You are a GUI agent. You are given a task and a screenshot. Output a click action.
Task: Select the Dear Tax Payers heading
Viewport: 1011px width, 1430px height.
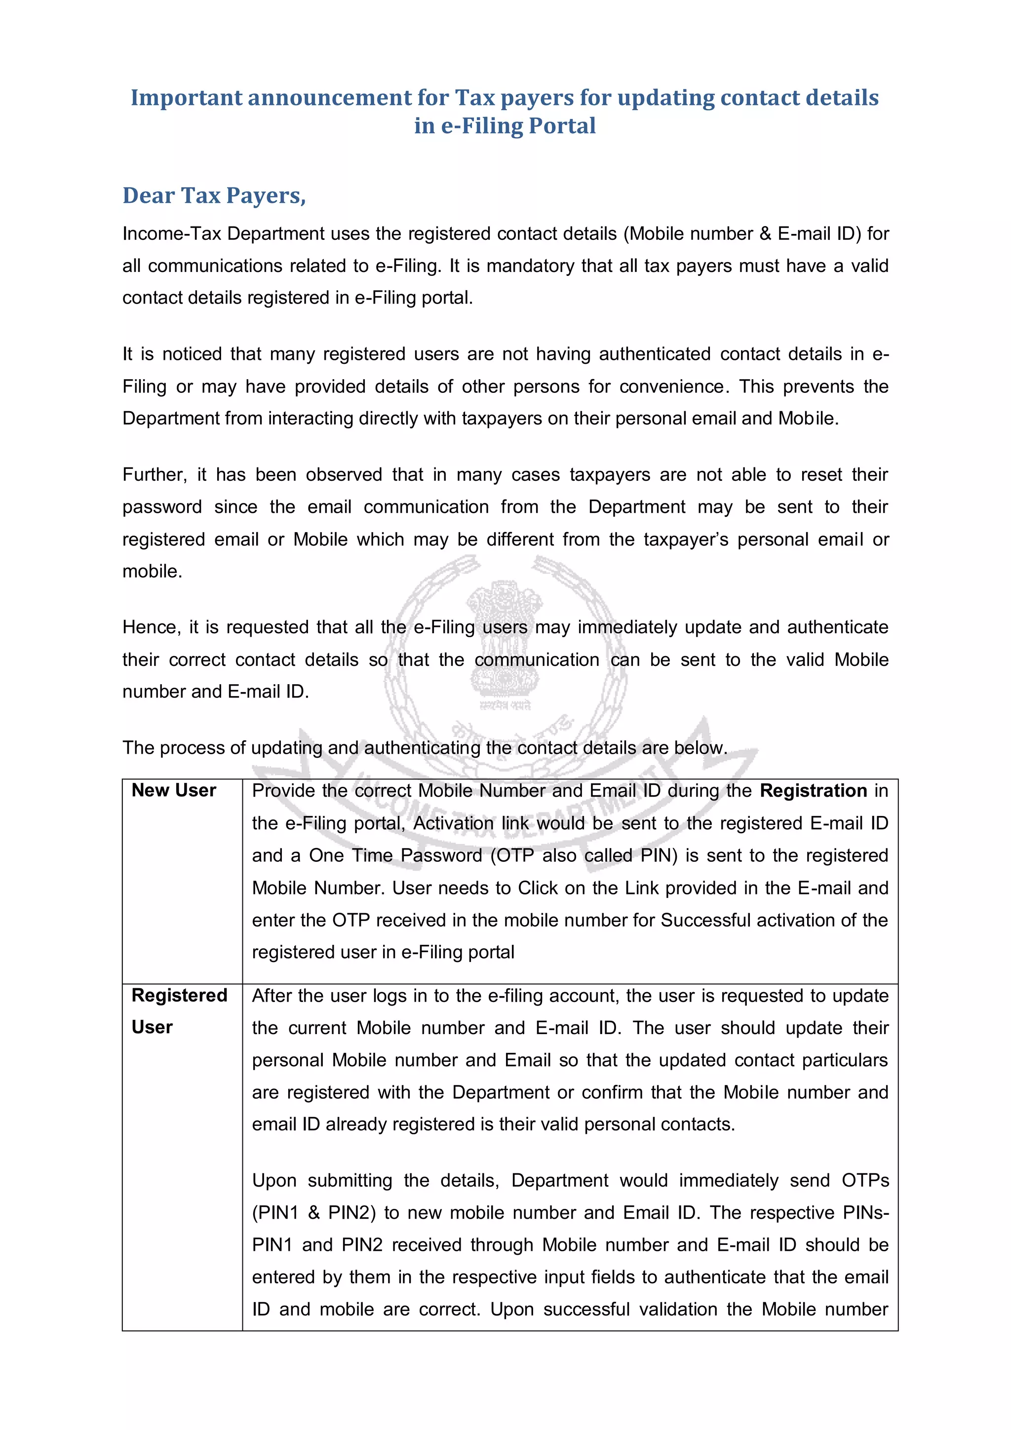[x=214, y=195]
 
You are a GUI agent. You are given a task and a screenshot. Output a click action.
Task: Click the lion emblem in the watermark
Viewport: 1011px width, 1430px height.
[x=504, y=642]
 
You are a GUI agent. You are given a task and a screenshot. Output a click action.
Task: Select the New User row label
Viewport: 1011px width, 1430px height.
[x=174, y=790]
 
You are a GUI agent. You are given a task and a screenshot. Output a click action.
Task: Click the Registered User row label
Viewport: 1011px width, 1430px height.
[x=179, y=1011]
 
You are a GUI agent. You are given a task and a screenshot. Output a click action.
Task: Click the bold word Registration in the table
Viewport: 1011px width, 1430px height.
[x=813, y=791]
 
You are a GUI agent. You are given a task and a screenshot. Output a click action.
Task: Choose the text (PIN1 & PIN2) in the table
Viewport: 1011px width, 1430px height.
[x=314, y=1213]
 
